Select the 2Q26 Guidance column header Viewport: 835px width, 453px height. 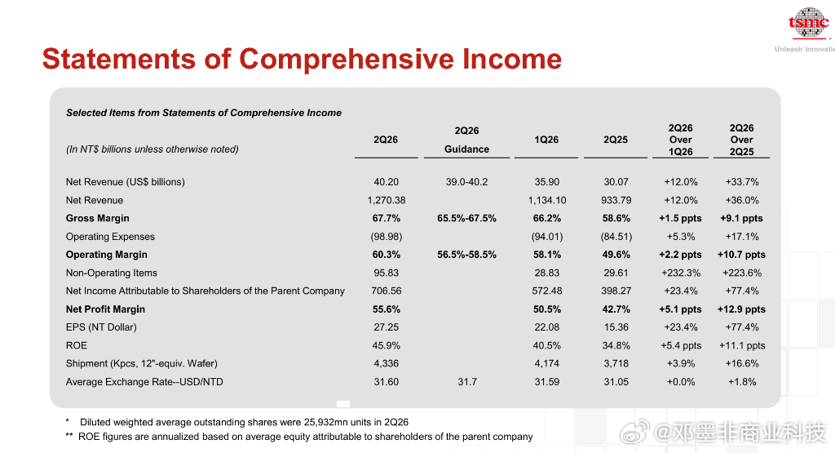tap(466, 140)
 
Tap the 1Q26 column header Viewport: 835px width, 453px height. tap(546, 140)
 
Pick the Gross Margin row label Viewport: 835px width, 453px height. tap(98, 218)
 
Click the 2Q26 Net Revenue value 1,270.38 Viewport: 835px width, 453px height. tap(386, 200)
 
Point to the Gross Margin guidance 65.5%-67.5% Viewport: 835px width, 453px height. tap(466, 218)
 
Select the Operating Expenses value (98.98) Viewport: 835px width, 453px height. tap(386, 236)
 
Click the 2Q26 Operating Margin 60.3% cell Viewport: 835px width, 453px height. tap(386, 254)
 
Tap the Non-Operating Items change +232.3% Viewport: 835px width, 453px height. tap(681, 273)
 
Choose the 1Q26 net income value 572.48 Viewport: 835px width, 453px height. tap(547, 291)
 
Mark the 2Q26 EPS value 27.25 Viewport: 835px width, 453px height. tap(386, 326)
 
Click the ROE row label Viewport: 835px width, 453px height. tap(76, 345)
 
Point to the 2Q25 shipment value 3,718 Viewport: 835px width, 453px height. tap(616, 363)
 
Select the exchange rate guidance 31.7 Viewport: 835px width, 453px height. tap(467, 382)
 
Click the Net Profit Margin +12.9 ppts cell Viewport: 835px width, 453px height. tap(741, 309)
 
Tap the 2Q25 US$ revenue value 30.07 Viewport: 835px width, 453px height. tap(616, 182)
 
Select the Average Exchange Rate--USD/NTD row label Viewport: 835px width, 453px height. tap(144, 382)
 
